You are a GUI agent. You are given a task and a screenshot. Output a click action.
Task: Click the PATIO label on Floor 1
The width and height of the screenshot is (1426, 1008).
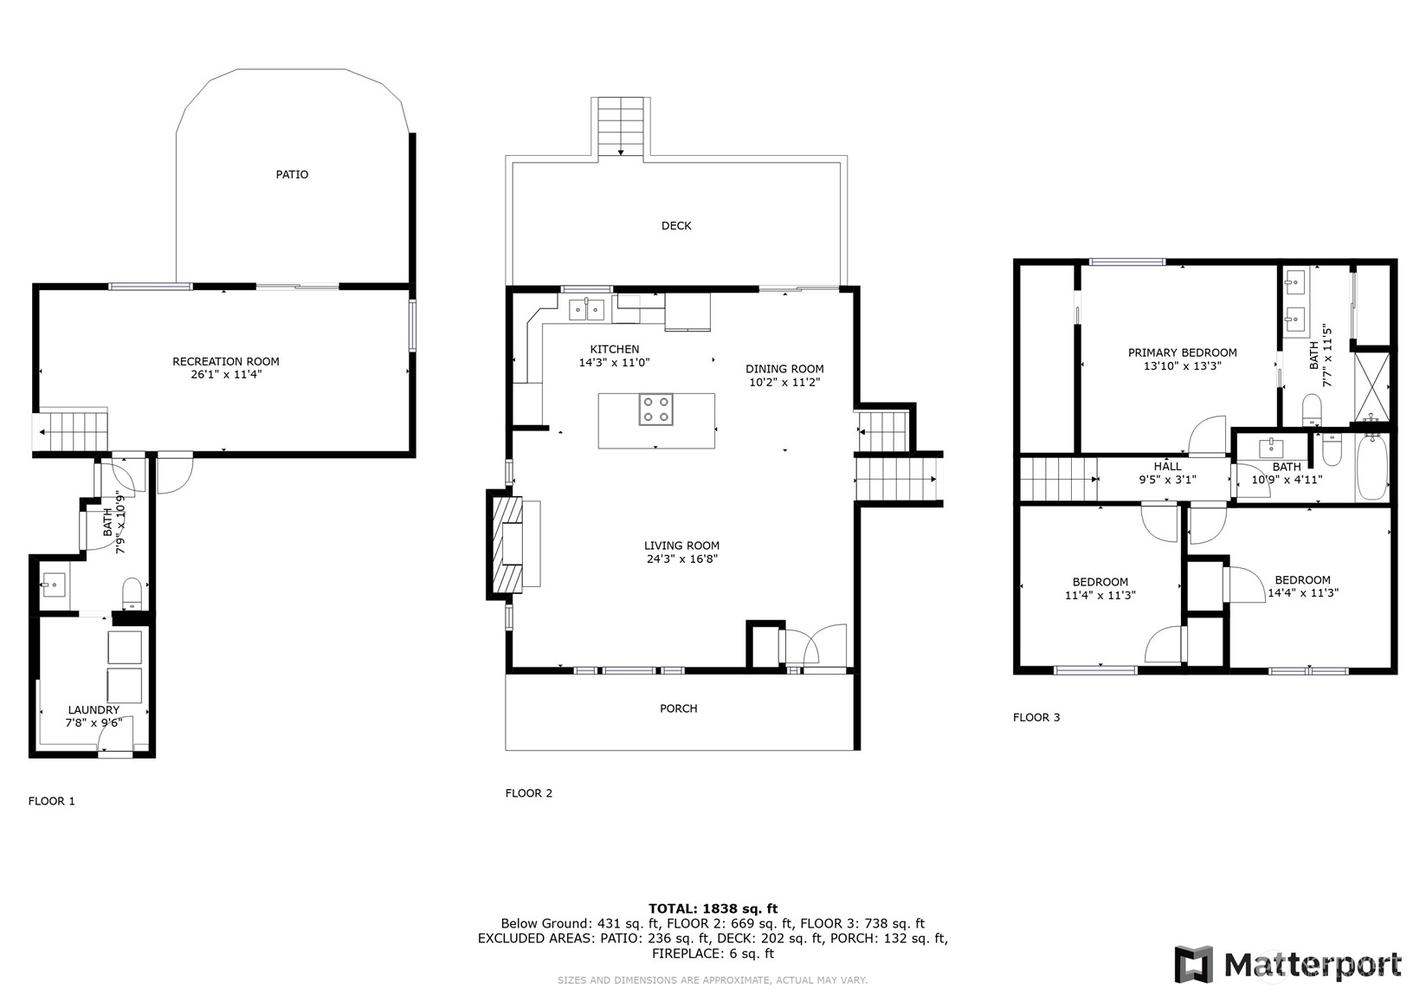tap(292, 174)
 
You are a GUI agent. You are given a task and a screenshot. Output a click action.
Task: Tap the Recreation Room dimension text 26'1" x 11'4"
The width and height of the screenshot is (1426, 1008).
tap(225, 375)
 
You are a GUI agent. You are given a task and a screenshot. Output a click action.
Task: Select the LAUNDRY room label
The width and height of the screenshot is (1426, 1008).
tap(94, 710)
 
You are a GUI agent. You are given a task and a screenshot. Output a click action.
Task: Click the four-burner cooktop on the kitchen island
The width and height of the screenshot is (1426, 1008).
tap(655, 410)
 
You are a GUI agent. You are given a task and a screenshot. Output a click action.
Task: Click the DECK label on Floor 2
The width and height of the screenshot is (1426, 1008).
tap(676, 226)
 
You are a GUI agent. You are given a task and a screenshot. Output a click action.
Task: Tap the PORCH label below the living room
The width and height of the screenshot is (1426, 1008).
tap(678, 708)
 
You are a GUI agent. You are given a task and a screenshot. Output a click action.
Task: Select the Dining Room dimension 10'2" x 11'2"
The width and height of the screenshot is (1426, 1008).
tap(784, 382)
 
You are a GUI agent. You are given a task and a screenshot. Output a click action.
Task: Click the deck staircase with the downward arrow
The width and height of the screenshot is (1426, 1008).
tap(621, 126)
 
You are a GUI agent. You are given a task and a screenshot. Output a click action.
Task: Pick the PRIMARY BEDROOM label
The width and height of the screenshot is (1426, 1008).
tap(1182, 352)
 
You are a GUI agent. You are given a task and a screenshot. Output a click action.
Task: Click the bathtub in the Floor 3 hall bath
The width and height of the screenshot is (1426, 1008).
tap(1371, 468)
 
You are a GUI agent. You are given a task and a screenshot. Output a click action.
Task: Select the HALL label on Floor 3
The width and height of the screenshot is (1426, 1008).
tap(1167, 466)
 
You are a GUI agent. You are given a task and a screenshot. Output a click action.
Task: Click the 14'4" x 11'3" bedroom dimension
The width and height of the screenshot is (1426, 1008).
tap(1302, 594)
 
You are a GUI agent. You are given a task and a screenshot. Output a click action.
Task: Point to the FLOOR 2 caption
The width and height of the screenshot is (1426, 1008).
tap(528, 793)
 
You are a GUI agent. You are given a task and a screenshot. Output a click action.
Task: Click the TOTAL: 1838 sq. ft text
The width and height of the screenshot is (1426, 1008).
tap(713, 908)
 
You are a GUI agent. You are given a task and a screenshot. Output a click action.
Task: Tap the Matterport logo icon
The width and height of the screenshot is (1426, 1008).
tap(1194, 964)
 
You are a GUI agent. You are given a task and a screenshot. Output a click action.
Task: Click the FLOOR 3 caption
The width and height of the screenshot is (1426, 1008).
tap(1036, 717)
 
